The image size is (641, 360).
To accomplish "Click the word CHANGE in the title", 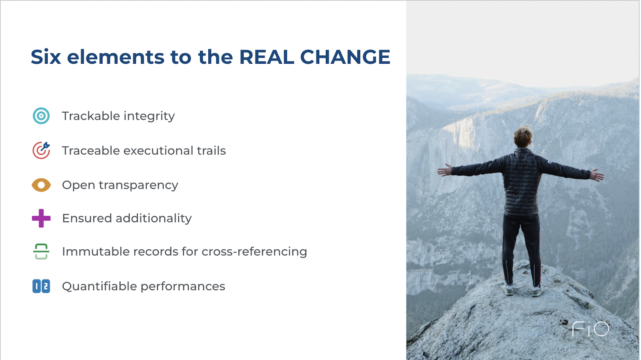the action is [345, 57].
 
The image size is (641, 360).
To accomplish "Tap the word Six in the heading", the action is [46, 57].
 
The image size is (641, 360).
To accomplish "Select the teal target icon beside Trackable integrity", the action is [41, 116].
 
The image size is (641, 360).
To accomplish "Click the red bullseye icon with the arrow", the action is [41, 150].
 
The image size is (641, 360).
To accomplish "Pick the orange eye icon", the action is [41, 185].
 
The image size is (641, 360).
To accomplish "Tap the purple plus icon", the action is [41, 218].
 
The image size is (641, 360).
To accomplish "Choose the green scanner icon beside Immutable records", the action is [41, 251].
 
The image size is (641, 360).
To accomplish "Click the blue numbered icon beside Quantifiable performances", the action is [41, 286].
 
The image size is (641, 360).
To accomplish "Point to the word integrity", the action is [149, 116].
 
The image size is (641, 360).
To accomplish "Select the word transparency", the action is [139, 186].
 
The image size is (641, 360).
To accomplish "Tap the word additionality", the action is [154, 218].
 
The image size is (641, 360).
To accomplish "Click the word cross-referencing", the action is [254, 252].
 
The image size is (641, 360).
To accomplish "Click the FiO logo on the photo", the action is [591, 329].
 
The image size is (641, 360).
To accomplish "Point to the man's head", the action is [523, 137].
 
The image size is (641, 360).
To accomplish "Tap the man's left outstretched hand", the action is [444, 170].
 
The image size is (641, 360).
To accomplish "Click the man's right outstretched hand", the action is [597, 175].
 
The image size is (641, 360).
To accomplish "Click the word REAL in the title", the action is [267, 57].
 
